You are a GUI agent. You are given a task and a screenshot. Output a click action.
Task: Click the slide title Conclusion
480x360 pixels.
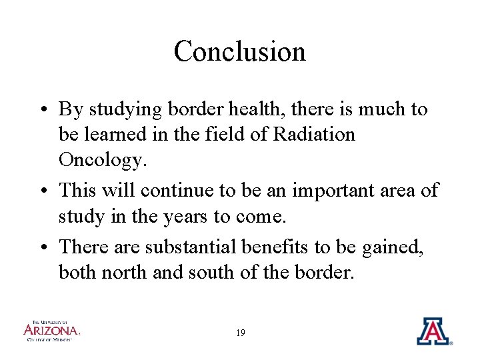239,51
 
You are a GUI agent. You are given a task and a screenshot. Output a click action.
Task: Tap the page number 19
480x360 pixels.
240,332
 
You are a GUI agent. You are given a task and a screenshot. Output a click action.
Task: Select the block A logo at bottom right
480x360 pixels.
433,331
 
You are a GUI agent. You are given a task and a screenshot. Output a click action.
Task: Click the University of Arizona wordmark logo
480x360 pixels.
51,330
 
